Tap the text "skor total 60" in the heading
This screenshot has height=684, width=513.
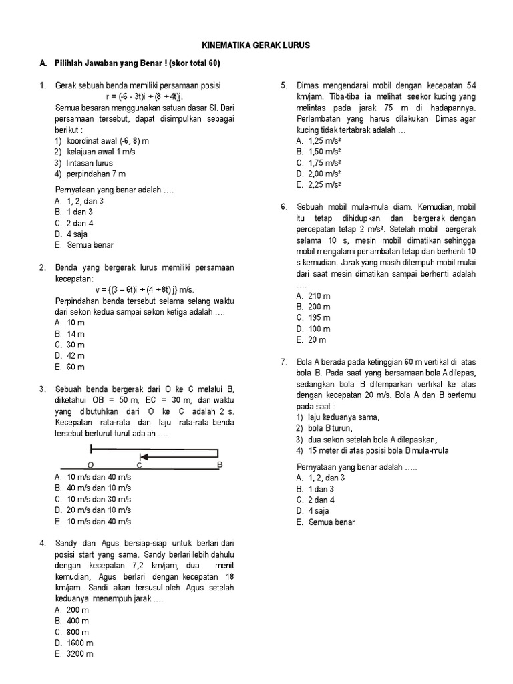tap(194, 63)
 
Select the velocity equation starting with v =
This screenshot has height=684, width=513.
tap(144, 289)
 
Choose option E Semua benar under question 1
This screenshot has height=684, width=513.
tap(79, 245)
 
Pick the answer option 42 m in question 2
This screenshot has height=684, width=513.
tap(70, 356)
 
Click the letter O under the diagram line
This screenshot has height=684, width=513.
tap(90, 464)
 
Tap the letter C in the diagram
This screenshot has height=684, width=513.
tap(140, 464)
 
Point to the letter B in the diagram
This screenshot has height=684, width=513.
tap(220, 464)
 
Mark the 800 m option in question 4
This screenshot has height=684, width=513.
tap(72, 631)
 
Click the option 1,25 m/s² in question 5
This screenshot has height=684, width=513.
tap(319, 141)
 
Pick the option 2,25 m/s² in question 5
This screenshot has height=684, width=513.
tap(319, 185)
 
